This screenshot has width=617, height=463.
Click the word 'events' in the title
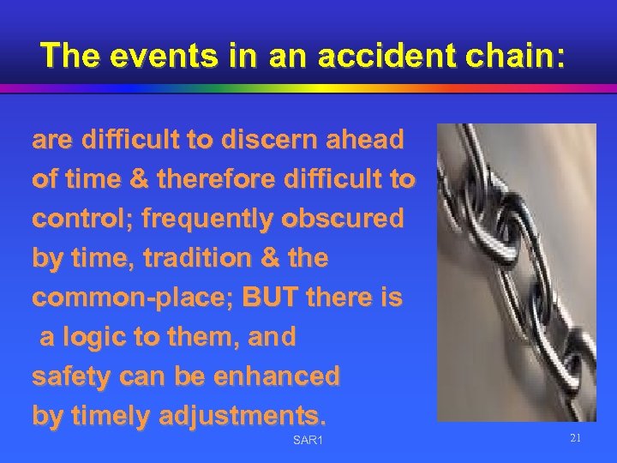tap(147, 55)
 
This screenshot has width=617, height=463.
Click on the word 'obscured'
tap(348, 219)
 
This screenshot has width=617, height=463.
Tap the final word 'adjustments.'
tap(244, 416)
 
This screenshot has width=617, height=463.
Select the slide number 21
tap(575, 438)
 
